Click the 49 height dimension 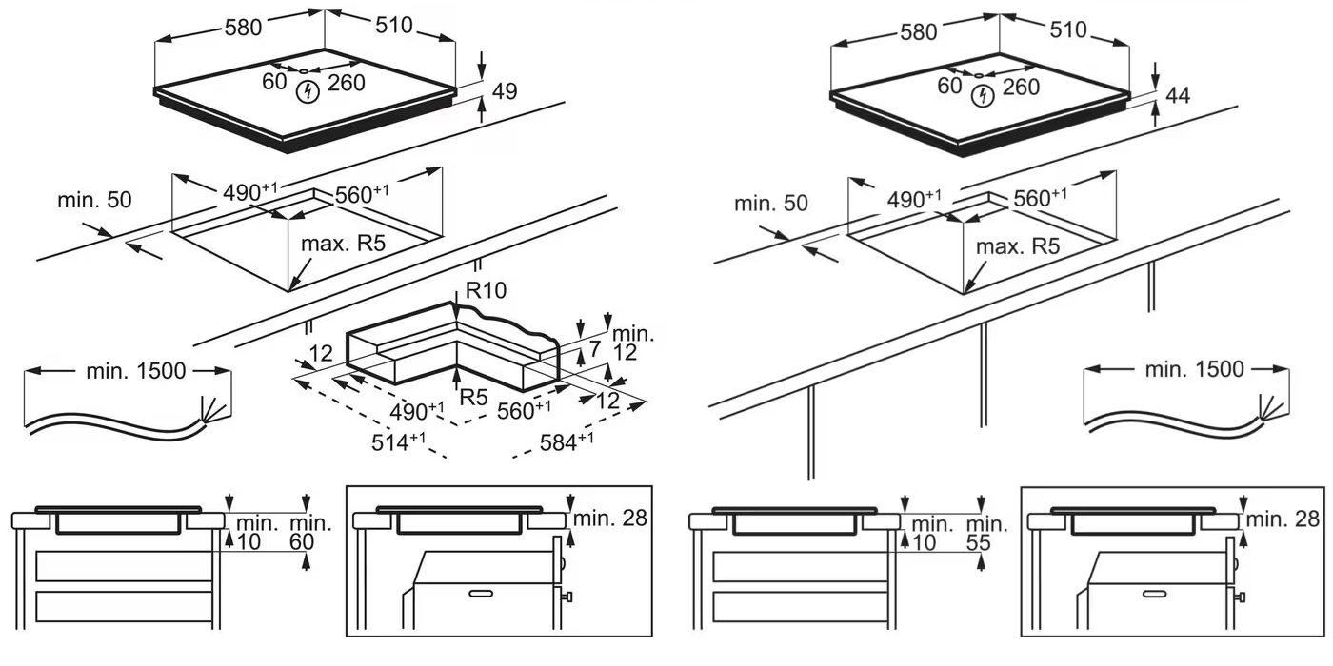pos(505,91)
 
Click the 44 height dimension pos(1178,95)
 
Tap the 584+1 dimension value pos(566,441)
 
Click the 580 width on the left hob pos(242,29)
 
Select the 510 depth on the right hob pos(1067,30)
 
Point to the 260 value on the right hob pos(1021,87)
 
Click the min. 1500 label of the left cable pos(135,371)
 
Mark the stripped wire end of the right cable pos(1267,409)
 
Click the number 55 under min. pos(978,543)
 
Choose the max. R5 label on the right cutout pos(1018,246)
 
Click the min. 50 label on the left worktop pos(94,200)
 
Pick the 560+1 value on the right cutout pos(1040,198)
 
